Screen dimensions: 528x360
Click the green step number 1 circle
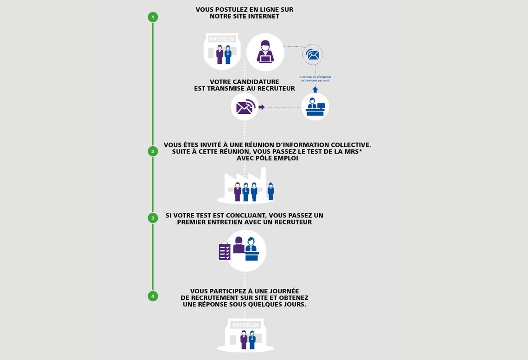tap(153, 17)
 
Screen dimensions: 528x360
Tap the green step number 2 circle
tap(153, 151)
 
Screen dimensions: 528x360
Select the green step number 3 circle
tap(153, 218)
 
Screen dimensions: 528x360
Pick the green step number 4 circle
tap(153, 296)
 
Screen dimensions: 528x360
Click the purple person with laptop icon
tap(265, 52)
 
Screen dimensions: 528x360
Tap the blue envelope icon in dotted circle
tap(313, 55)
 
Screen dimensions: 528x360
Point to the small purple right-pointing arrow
tap(262, 107)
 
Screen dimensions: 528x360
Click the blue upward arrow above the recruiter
tap(315, 89)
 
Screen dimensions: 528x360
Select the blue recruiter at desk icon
tap(315, 106)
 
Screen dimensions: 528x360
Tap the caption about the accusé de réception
tap(315, 79)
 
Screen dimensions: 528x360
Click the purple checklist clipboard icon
tap(225, 251)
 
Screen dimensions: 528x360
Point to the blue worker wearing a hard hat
tap(271, 191)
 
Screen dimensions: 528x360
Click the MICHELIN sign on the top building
tap(222, 39)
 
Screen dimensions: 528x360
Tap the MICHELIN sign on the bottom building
tap(245, 325)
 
